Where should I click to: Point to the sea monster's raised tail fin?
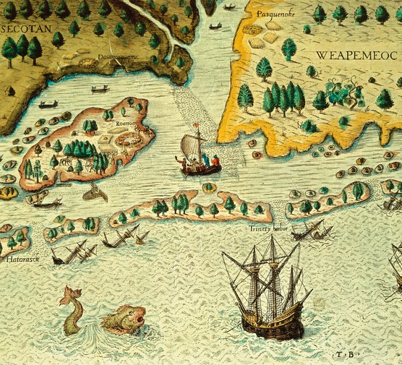[69, 294]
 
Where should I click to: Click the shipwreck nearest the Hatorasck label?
[74, 252]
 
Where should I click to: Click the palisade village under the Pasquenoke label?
[252, 31]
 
